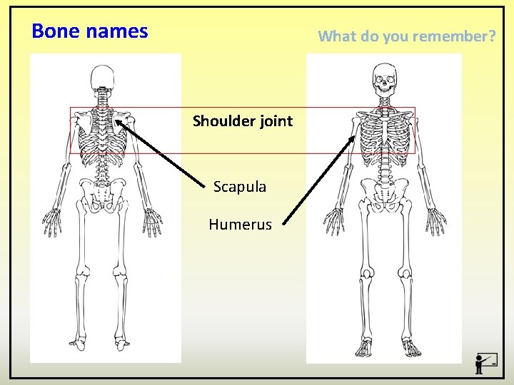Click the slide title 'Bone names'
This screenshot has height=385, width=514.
(90, 31)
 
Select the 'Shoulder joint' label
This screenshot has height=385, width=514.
(243, 121)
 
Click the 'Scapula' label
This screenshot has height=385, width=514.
(240, 187)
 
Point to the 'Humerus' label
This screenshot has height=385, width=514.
(240, 225)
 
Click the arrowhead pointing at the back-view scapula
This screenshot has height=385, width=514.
(119, 123)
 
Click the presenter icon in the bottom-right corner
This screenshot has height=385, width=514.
(485, 363)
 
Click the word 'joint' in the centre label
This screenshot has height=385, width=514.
(276, 121)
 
